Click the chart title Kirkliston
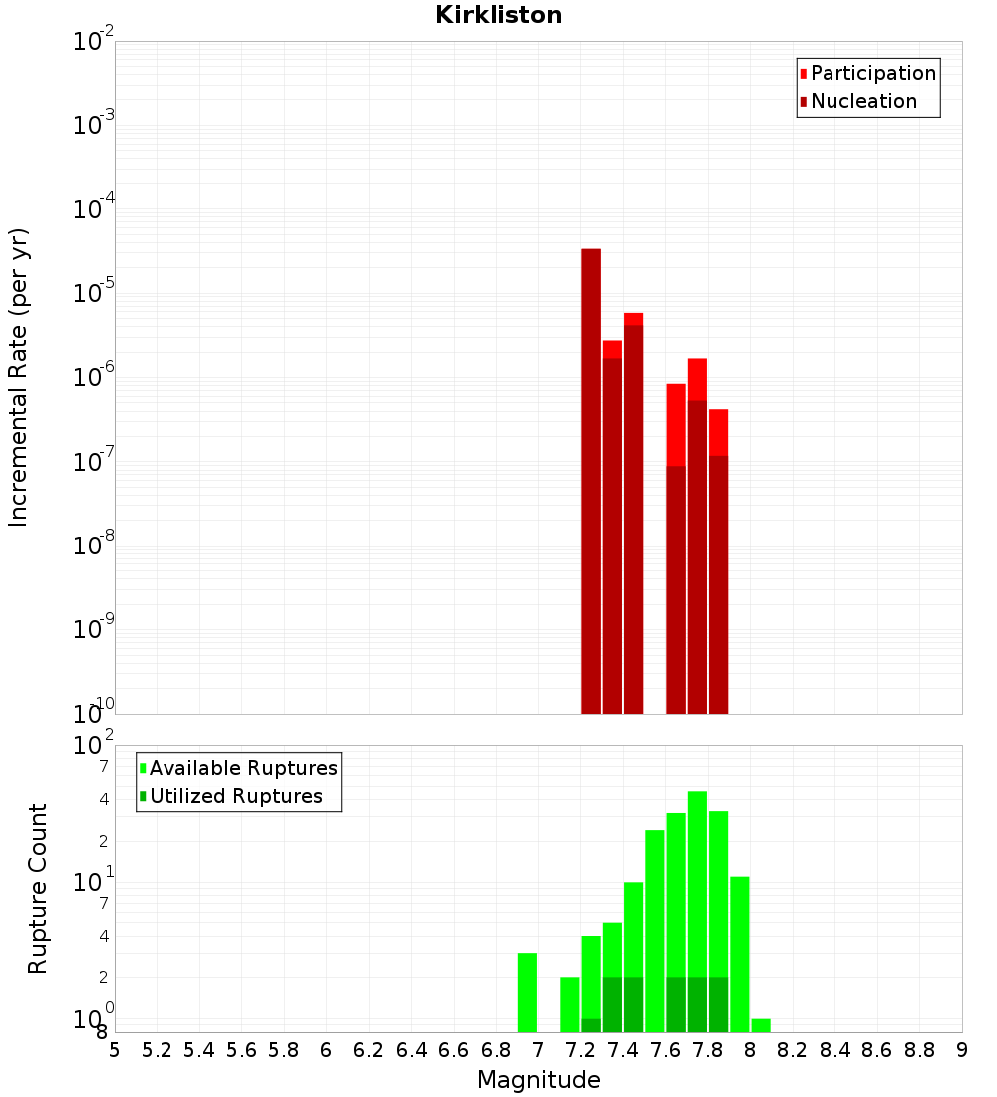click(498, 16)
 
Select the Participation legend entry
click(873, 73)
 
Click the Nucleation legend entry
click(863, 101)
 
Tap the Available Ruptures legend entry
click(243, 768)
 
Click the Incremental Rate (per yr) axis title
click(19, 377)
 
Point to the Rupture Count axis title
click(38, 889)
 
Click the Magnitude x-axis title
click(538, 1080)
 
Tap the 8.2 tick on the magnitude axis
click(793, 1050)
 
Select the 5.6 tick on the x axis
click(241, 1050)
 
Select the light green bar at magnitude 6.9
click(527, 992)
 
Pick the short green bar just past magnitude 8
click(761, 1025)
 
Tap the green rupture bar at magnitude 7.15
click(570, 1004)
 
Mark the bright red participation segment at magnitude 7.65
click(676, 424)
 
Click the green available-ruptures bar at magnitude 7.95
click(739, 953)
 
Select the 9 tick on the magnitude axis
click(961, 1050)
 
